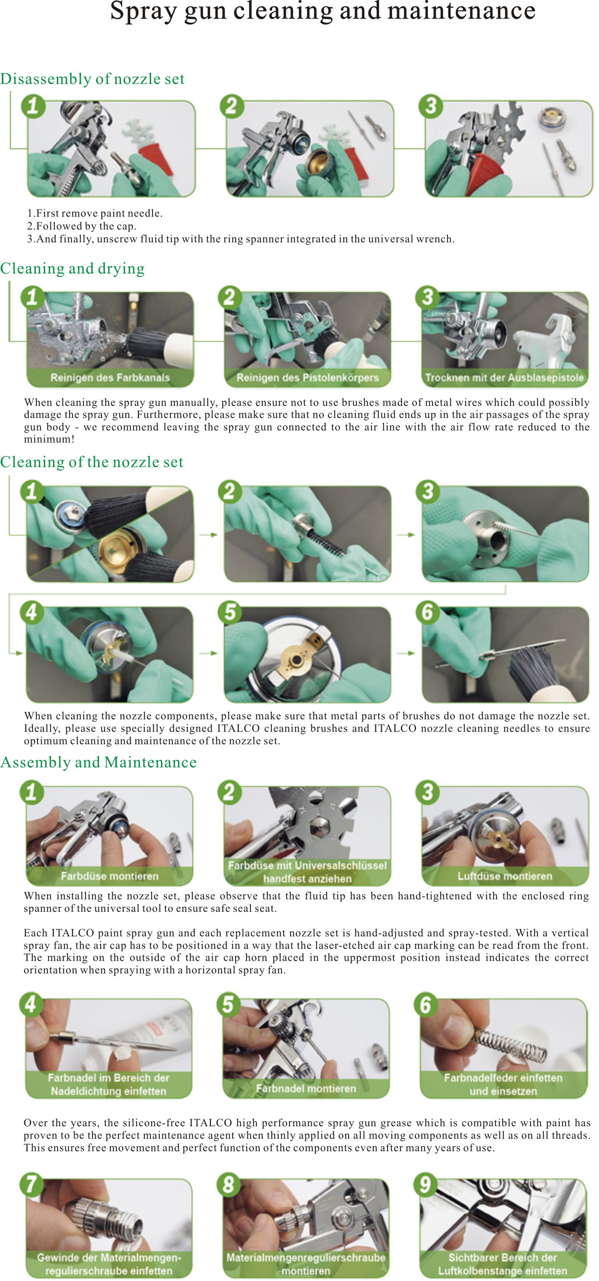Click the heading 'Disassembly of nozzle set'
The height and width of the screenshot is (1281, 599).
[x=92, y=79]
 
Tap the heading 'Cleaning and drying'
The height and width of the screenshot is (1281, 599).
[x=72, y=268]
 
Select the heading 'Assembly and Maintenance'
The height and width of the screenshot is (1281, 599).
[x=99, y=762]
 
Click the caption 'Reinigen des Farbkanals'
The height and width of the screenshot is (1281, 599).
[x=110, y=377]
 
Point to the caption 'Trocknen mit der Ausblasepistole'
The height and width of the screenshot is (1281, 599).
[x=504, y=377]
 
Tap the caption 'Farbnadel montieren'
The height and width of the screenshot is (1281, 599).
[x=306, y=1089]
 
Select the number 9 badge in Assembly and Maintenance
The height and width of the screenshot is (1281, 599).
[x=426, y=1185]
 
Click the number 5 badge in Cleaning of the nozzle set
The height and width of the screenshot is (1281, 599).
[x=229, y=612]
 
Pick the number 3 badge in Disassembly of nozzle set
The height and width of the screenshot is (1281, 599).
[x=431, y=106]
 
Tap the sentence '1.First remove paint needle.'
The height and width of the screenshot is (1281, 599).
[x=95, y=213]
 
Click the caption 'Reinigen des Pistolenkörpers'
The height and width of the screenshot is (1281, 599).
[x=307, y=377]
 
